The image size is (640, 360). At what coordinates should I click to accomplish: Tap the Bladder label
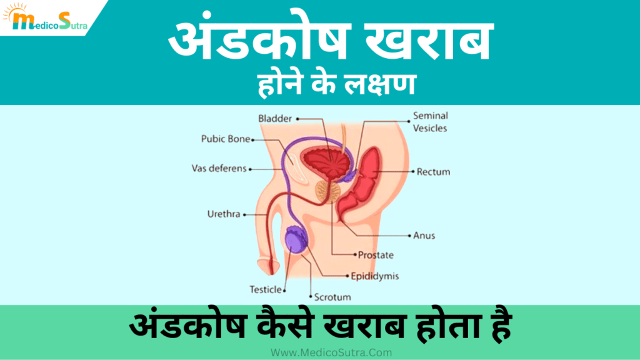(x=275, y=118)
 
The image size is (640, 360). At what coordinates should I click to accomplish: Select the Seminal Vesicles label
(x=431, y=122)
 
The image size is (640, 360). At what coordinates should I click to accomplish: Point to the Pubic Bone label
(x=225, y=139)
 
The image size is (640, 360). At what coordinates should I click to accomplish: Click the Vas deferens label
(x=219, y=169)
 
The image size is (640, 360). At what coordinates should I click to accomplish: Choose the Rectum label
(x=433, y=171)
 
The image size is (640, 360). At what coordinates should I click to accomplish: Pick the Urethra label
(x=224, y=214)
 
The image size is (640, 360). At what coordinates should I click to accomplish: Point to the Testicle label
(x=266, y=289)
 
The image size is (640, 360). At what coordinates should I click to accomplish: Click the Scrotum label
(x=332, y=297)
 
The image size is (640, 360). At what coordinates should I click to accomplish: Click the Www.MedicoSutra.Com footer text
(x=331, y=352)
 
